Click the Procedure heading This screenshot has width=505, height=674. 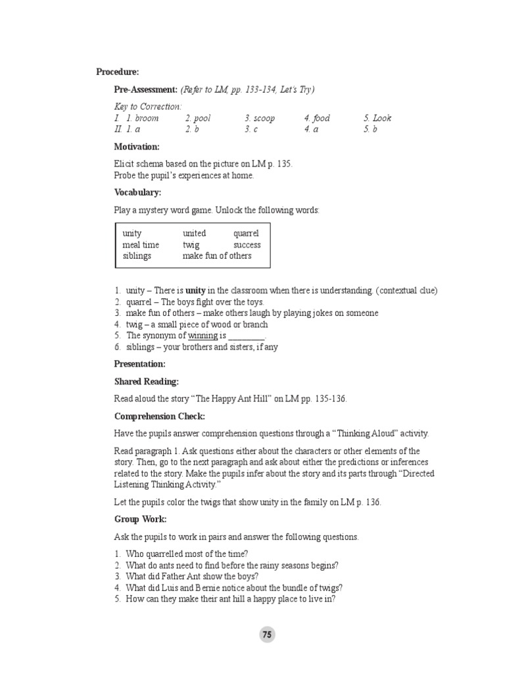[x=118, y=72]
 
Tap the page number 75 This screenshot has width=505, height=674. [x=266, y=635]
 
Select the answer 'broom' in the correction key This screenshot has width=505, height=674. [x=147, y=118]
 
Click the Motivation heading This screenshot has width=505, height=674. [x=137, y=147]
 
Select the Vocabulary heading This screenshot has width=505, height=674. [x=137, y=193]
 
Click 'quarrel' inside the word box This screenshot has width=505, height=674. [x=246, y=234]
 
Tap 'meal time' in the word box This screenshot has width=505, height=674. [x=141, y=245]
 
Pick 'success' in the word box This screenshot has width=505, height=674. [x=247, y=245]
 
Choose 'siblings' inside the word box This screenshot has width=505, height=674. [x=137, y=256]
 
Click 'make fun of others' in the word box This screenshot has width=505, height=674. [x=217, y=256]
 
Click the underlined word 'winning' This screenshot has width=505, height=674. [x=203, y=336]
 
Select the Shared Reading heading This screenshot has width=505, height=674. [x=147, y=382]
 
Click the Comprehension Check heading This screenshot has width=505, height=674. [x=160, y=417]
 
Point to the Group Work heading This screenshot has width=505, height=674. [x=141, y=519]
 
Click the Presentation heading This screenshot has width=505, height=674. [x=139, y=364]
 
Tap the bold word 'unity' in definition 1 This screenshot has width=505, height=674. [x=195, y=290]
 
